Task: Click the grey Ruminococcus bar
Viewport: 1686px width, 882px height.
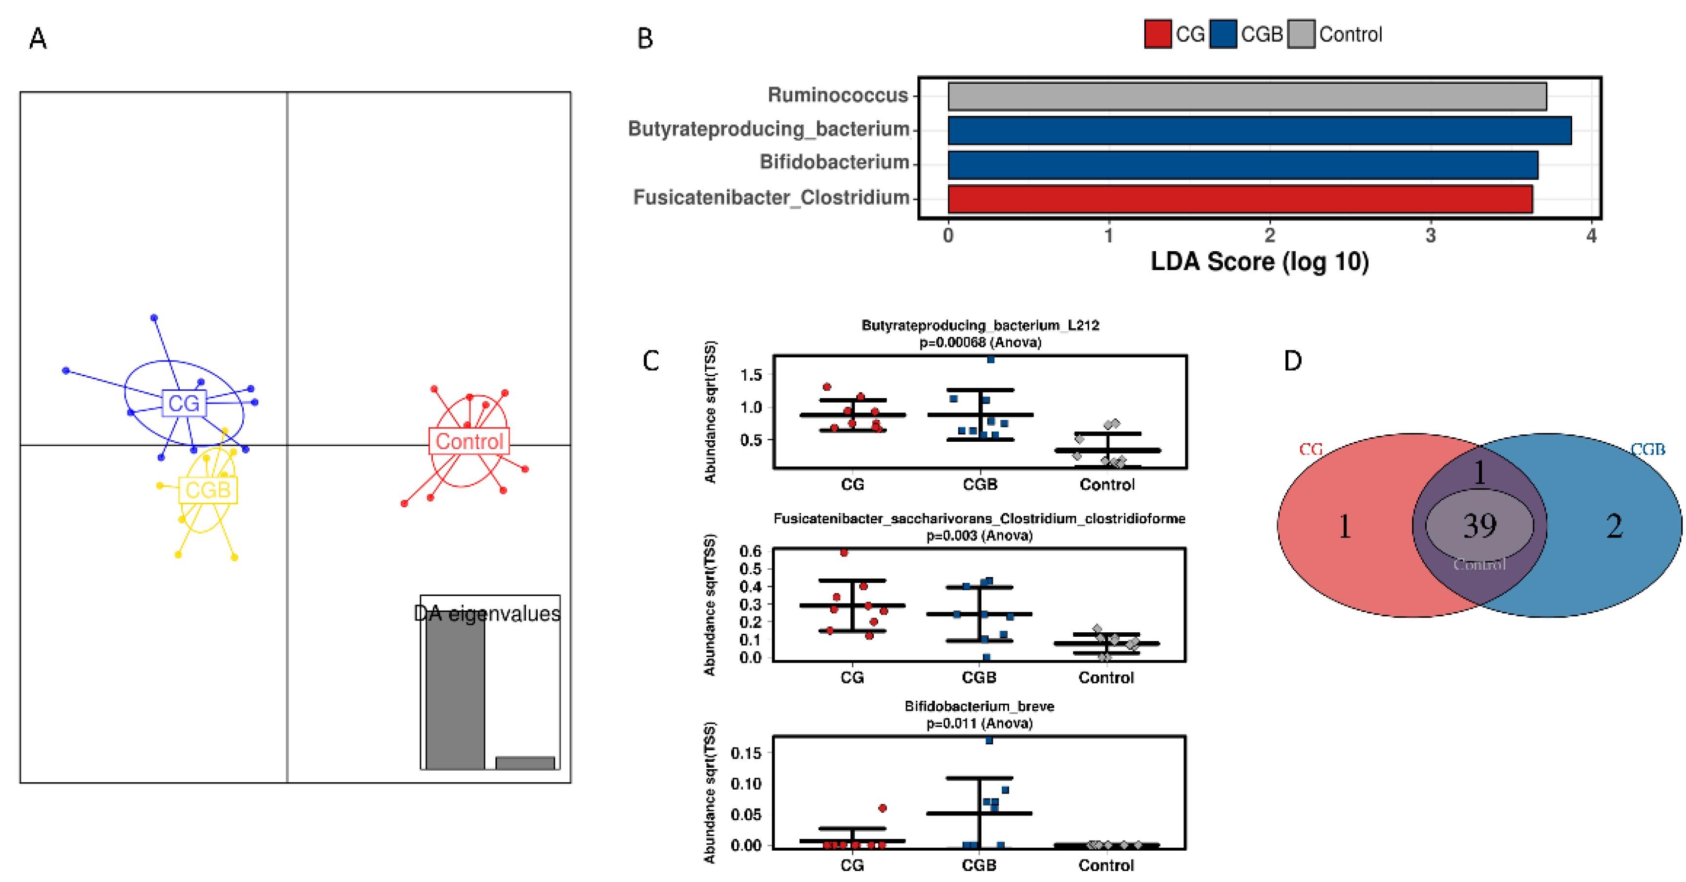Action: [x=1247, y=96]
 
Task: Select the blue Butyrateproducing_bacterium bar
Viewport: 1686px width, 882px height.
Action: [x=1259, y=130]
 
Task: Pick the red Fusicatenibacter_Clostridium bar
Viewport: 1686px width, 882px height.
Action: [x=1240, y=199]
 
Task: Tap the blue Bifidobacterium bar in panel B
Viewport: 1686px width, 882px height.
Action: [x=1242, y=165]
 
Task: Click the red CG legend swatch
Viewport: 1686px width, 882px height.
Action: [x=1157, y=34]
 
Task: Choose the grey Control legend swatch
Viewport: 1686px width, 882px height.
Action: [x=1301, y=34]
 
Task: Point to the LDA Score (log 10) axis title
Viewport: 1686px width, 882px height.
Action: [x=1259, y=261]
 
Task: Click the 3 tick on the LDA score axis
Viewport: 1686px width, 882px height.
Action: [x=1430, y=236]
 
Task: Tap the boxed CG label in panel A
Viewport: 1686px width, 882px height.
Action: [x=184, y=403]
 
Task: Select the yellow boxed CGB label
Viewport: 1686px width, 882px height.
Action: [x=208, y=490]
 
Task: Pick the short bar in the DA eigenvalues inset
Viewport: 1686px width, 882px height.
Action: [x=525, y=763]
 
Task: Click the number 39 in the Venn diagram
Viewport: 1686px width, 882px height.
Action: [x=1480, y=526]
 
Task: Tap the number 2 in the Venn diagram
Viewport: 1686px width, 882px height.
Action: [x=1614, y=526]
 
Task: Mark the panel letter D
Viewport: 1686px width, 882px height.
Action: [x=1293, y=361]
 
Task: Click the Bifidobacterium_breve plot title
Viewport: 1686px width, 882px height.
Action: [x=979, y=706]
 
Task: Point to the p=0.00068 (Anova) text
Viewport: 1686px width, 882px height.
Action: [x=980, y=342]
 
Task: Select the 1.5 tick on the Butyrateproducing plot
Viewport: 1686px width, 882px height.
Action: [x=751, y=375]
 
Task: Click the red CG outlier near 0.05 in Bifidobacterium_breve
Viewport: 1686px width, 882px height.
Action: [x=882, y=809]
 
